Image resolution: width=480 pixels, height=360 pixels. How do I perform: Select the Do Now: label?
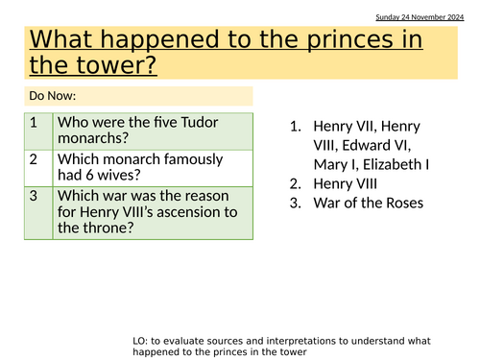pyautogui.click(x=51, y=96)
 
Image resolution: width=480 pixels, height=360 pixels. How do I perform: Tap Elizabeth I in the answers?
pyautogui.click(x=392, y=164)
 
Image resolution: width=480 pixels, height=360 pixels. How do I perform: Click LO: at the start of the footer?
pyautogui.click(x=143, y=341)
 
